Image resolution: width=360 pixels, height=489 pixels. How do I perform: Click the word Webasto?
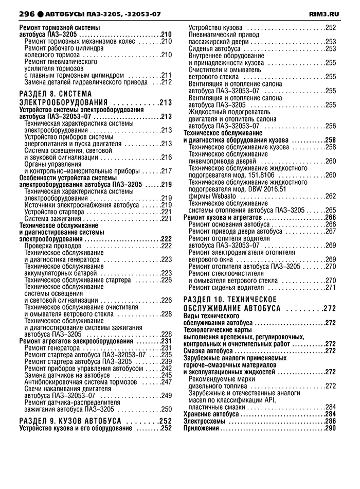(x=222, y=196)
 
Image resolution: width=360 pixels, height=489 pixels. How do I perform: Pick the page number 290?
(x=330, y=428)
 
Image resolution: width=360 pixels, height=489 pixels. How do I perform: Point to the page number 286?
(x=330, y=421)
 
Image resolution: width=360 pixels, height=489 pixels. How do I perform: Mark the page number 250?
(x=166, y=409)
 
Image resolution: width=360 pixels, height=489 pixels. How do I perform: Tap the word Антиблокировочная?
(x=56, y=381)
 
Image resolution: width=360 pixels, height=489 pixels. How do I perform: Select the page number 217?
(x=166, y=171)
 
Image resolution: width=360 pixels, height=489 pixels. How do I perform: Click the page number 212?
(x=166, y=82)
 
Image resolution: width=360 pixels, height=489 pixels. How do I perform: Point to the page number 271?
(x=330, y=287)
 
